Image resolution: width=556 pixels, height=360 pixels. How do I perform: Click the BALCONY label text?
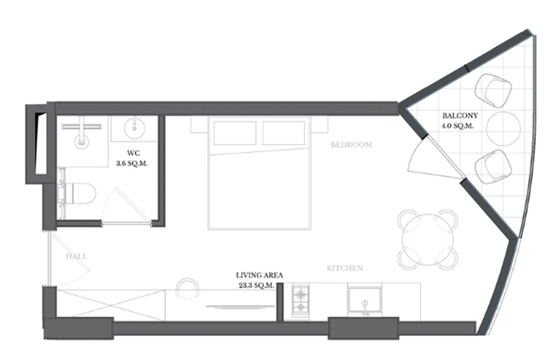[x=460, y=116]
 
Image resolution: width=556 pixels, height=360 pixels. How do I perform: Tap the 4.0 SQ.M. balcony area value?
[x=458, y=126]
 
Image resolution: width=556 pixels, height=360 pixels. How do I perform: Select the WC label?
[x=133, y=152]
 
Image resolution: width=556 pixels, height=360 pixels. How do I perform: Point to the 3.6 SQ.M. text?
[x=132, y=164]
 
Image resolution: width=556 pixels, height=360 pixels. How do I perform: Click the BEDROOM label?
[x=352, y=145]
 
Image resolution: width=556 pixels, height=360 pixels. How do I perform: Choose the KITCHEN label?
[x=345, y=268]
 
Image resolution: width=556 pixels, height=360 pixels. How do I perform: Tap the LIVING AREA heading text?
[x=259, y=275]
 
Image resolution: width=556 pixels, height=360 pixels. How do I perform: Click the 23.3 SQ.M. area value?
[x=257, y=286]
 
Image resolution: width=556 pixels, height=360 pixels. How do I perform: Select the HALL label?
[x=77, y=256]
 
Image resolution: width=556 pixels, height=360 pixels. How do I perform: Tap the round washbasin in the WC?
[x=134, y=128]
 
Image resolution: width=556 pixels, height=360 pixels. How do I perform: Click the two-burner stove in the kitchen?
[x=301, y=301]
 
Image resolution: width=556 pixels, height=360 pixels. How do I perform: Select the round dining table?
[x=428, y=240]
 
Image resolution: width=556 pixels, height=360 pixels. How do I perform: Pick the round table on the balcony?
[x=503, y=129]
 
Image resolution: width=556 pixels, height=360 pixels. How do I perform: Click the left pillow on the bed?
[x=235, y=133]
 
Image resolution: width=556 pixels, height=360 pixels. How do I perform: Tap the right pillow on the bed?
[x=284, y=133]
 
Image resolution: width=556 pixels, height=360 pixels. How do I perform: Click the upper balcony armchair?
[x=493, y=90]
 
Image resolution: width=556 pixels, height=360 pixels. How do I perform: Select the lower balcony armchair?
[x=493, y=167]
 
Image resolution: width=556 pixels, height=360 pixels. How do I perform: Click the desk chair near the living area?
[x=187, y=288]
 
